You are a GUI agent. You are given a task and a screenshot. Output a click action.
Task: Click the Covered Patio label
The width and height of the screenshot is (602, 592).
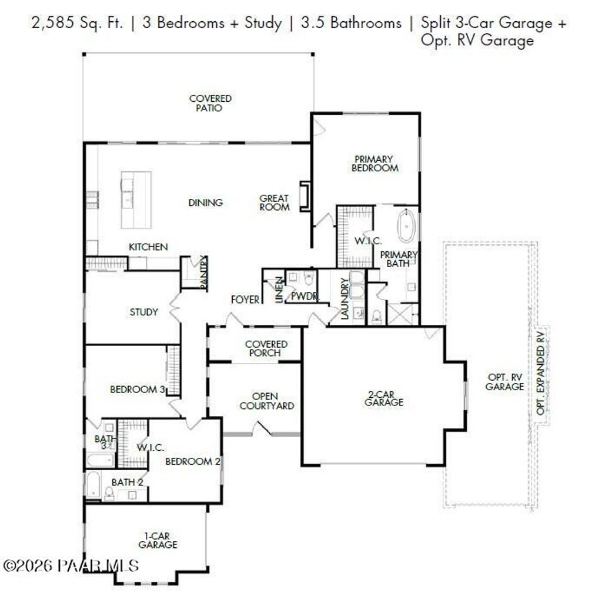click(210, 104)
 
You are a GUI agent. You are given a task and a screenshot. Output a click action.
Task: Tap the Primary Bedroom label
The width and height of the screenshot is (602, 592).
click(374, 164)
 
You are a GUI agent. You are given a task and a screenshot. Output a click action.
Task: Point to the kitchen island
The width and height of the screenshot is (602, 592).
click(136, 199)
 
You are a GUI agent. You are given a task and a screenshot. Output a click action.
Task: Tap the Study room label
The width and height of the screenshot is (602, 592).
click(143, 312)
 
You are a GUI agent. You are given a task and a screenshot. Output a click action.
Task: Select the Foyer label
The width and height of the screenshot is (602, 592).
click(245, 300)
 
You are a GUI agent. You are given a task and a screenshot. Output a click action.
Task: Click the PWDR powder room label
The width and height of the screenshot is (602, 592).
click(305, 297)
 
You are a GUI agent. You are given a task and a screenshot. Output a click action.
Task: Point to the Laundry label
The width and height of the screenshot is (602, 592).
click(345, 299)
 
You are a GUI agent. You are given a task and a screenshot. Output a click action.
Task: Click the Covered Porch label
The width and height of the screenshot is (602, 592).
click(266, 348)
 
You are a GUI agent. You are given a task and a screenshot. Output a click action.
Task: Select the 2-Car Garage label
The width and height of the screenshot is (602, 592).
click(384, 398)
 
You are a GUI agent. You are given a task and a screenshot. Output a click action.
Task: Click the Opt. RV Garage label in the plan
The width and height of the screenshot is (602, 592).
click(505, 382)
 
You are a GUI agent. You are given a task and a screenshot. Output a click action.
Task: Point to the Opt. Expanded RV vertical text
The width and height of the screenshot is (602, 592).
click(541, 374)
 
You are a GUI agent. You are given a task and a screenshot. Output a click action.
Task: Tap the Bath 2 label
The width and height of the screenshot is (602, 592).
click(128, 482)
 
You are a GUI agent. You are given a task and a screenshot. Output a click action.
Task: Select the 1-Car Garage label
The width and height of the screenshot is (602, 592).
click(158, 540)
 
